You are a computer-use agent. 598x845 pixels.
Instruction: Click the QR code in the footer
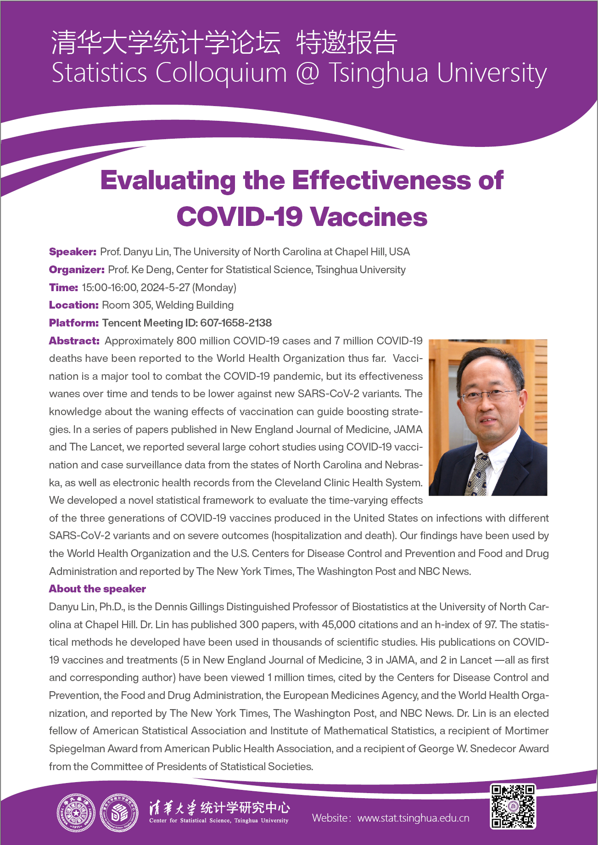[x=513, y=806]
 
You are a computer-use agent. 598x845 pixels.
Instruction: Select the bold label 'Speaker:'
[x=73, y=252]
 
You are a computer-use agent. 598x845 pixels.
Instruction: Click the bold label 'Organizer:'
[x=77, y=270]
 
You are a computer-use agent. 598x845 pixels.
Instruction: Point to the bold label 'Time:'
[x=63, y=287]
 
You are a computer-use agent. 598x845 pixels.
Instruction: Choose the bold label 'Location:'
[x=73, y=305]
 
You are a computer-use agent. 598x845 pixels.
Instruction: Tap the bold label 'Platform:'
[x=73, y=323]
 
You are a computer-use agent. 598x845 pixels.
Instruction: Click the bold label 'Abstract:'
[x=74, y=341]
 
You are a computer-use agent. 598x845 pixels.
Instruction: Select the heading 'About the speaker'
[x=97, y=589]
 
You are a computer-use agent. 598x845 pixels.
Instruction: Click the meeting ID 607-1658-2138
[x=236, y=323]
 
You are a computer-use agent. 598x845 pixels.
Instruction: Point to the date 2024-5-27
[x=165, y=287]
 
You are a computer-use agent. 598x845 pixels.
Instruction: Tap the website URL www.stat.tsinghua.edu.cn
[x=413, y=818]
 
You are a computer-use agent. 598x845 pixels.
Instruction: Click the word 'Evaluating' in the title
[x=168, y=180]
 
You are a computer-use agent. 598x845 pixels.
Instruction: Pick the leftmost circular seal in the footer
[x=76, y=813]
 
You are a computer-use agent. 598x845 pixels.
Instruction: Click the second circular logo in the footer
[x=119, y=813]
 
